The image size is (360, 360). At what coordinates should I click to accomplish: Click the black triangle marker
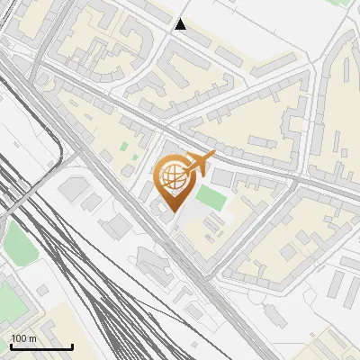[181, 24]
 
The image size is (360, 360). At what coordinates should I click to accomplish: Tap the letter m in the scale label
[33, 338]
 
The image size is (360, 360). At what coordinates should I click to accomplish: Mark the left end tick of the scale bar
[11, 346]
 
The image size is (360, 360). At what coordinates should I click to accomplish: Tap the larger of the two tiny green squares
[125, 146]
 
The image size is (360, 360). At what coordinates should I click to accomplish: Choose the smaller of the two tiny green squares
[135, 157]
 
